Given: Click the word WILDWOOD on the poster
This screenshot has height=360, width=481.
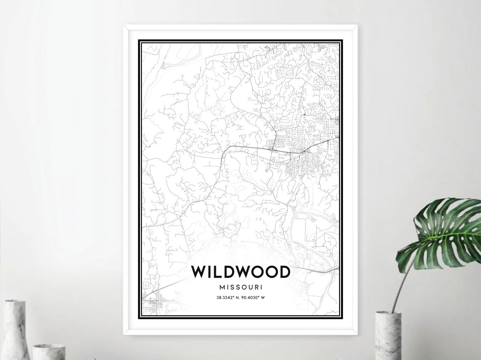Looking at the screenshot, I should click(x=240, y=272).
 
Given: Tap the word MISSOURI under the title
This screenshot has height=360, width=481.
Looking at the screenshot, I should click(x=240, y=287).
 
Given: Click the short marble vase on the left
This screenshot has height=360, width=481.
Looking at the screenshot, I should click(x=49, y=352).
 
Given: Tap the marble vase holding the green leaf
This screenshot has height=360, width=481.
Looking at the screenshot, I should click(x=388, y=335).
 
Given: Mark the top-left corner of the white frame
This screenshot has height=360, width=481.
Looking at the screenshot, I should click(x=124, y=26).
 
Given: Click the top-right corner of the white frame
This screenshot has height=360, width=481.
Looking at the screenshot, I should click(x=357, y=26).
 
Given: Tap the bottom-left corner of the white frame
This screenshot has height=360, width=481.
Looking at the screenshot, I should click(x=124, y=334).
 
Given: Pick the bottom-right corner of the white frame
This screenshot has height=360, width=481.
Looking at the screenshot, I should click(x=357, y=334).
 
